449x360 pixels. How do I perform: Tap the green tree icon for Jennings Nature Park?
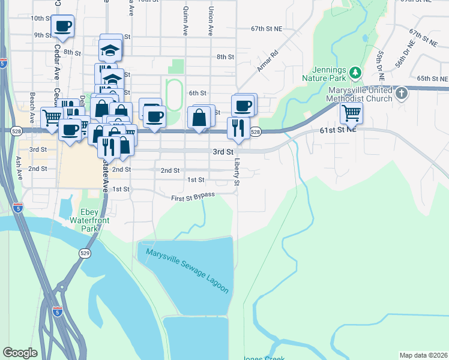[355, 73]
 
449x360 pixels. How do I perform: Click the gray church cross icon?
[402, 93]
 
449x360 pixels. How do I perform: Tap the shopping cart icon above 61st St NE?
[351, 112]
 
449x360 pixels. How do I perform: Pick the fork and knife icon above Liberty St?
[238, 127]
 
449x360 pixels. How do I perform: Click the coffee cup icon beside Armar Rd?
[243, 106]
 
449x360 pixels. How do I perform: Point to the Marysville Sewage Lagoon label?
[187, 271]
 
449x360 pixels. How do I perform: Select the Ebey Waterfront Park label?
[97, 220]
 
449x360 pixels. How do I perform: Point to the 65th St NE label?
[433, 79]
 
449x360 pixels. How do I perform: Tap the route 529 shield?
[83, 254]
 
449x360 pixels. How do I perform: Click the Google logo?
[20, 352]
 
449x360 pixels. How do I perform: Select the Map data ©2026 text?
[423, 355]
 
